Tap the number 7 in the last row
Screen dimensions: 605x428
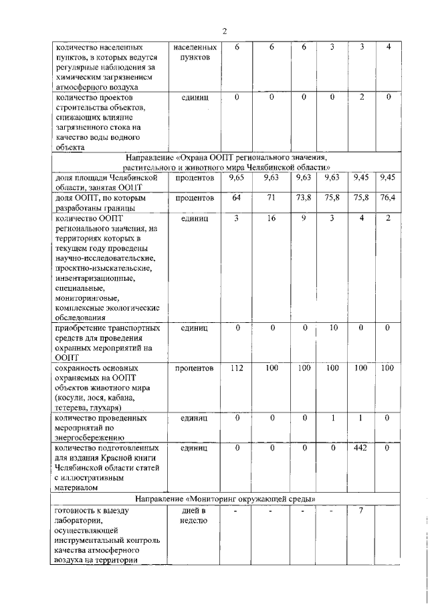(x=362, y=511)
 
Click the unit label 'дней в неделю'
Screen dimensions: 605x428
(x=194, y=515)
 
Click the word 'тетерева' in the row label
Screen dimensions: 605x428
(x=72, y=407)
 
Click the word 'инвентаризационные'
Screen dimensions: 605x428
(x=95, y=277)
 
